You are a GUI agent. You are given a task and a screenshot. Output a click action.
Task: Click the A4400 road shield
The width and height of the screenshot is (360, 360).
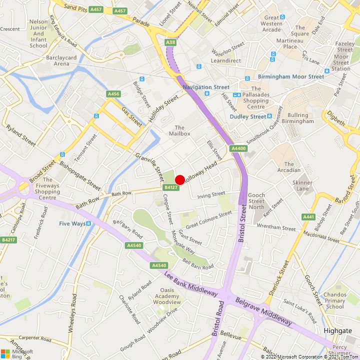pos(238,148)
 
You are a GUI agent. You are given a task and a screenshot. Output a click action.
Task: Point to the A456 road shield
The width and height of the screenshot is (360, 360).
pos(113,94)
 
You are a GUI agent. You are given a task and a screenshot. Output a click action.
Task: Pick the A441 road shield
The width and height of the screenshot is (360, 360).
pos(308,216)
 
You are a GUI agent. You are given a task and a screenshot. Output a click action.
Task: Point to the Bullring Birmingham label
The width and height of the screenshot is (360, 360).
pos(297,118)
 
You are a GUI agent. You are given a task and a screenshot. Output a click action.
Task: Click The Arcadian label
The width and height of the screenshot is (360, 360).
pos(289,167)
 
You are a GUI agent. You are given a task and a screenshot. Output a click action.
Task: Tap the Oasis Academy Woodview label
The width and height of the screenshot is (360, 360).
pos(166,296)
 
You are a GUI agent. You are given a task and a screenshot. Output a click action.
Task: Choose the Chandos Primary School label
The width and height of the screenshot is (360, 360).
pos(334,300)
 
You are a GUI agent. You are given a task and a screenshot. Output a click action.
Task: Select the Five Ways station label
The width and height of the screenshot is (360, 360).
pos(72,223)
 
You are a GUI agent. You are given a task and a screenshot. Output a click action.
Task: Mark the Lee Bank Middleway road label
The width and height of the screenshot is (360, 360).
pos(190,284)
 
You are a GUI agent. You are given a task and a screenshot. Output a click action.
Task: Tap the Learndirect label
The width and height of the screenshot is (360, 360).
pos(225,60)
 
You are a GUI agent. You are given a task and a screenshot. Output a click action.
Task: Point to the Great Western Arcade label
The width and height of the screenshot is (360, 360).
pos(271,23)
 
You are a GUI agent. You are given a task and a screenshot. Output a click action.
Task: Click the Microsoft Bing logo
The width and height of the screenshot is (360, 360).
pos(17,353)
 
